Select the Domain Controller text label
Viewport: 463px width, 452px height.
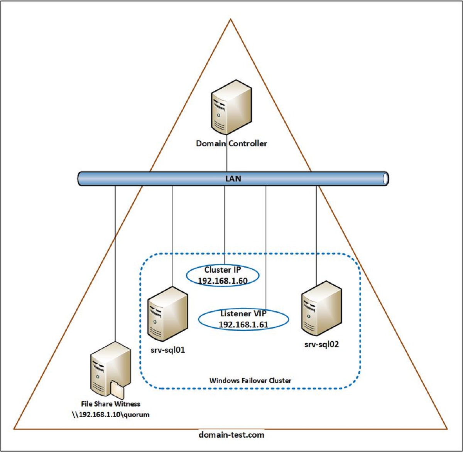tap(231, 143)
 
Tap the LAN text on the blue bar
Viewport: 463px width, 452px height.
tap(233, 179)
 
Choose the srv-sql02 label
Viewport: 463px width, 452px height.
tap(321, 344)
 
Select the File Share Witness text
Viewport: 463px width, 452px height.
tap(110, 404)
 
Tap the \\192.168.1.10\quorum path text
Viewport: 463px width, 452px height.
tap(110, 415)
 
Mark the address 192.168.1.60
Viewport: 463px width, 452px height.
tap(222, 281)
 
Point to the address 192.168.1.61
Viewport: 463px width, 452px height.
tap(243, 325)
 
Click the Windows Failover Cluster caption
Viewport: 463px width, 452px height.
tap(250, 380)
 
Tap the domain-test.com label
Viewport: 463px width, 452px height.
tap(231, 435)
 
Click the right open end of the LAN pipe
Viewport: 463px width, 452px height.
tap(385, 179)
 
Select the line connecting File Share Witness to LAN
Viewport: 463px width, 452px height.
tap(115, 262)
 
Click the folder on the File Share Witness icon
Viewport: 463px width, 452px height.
tap(117, 390)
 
